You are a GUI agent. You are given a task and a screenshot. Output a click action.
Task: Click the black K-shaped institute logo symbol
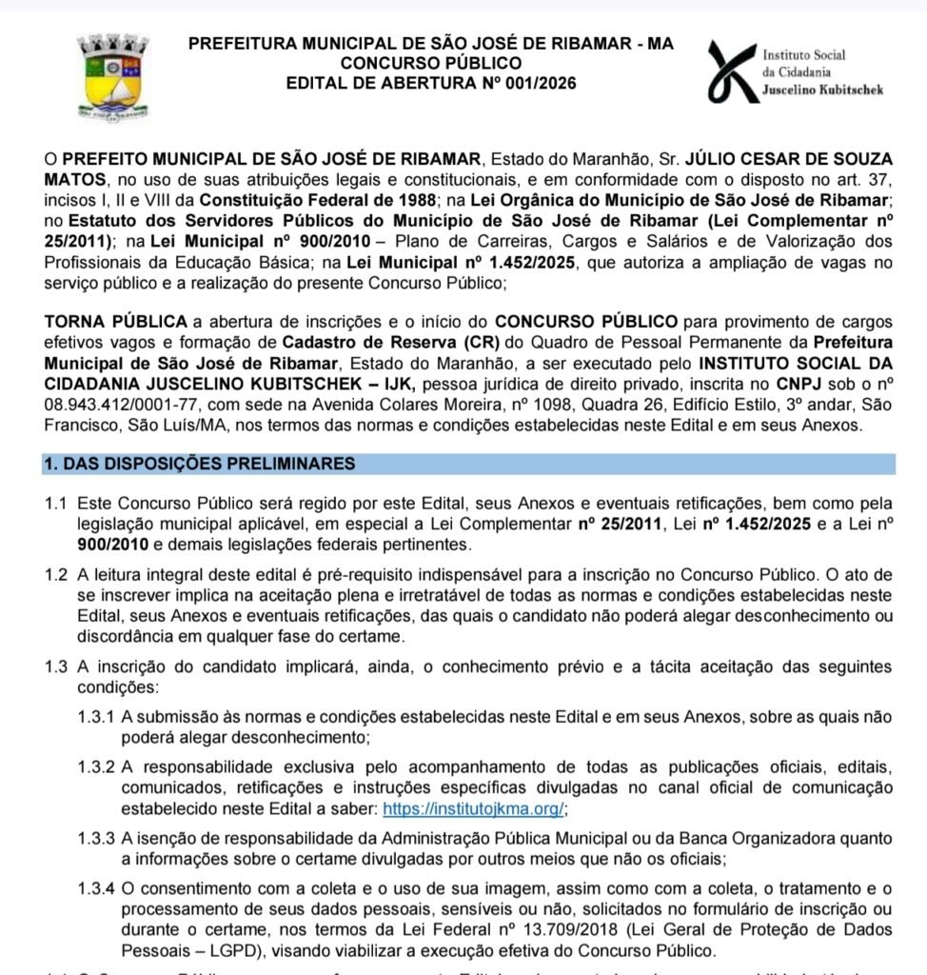(733, 71)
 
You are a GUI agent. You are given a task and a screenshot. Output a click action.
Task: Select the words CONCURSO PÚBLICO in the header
(431, 64)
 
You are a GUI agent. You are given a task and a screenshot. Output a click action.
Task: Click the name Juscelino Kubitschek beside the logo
(822, 90)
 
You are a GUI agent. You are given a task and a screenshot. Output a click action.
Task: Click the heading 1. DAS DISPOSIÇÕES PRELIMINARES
(199, 464)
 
